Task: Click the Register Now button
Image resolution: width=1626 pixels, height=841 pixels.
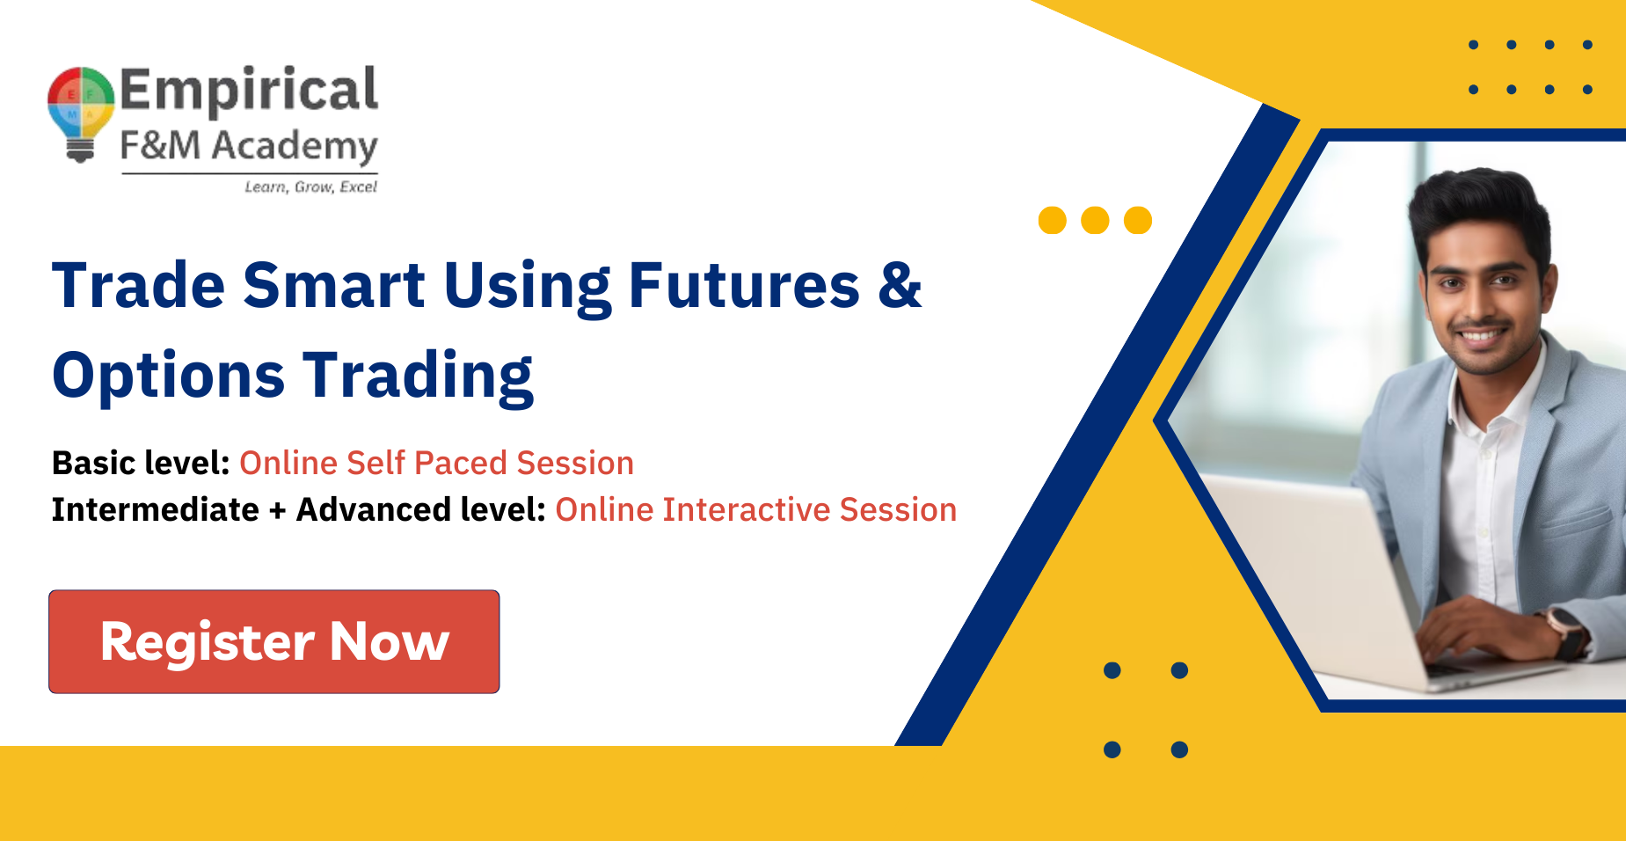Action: click(273, 641)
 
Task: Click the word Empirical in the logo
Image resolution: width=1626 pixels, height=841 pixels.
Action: click(249, 91)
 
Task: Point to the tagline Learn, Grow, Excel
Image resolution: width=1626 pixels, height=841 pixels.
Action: click(310, 186)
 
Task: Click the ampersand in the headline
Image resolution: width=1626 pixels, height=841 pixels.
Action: click(900, 285)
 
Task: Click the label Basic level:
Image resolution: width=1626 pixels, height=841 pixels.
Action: click(141, 463)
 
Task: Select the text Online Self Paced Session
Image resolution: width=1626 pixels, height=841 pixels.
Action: click(436, 463)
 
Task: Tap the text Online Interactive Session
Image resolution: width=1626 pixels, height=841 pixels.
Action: click(755, 509)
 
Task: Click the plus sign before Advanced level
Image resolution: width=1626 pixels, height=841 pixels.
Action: click(278, 511)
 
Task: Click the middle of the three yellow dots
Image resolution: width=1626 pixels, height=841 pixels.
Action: click(1095, 220)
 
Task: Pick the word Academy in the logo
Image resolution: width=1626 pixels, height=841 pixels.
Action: click(295, 147)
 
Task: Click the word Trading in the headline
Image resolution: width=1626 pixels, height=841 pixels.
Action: click(419, 377)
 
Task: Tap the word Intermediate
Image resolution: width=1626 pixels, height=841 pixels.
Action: click(156, 509)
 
